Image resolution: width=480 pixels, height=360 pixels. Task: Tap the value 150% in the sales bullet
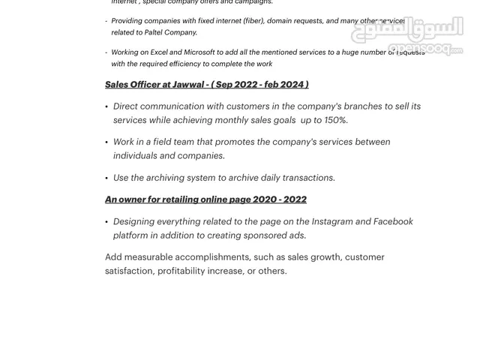[x=335, y=120]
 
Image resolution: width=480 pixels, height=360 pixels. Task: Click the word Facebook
[x=393, y=221]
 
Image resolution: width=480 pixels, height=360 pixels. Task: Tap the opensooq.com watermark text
[x=425, y=49]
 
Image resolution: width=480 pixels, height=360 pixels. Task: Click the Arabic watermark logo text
[x=409, y=30]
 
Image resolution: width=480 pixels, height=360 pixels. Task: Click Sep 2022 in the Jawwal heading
[x=236, y=85]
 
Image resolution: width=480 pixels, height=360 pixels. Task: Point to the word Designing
[x=134, y=221]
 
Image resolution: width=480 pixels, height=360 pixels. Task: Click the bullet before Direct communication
[x=106, y=106]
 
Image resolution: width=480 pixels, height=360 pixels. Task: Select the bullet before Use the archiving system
[x=106, y=178]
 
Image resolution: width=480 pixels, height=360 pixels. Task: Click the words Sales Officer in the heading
[x=133, y=85]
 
